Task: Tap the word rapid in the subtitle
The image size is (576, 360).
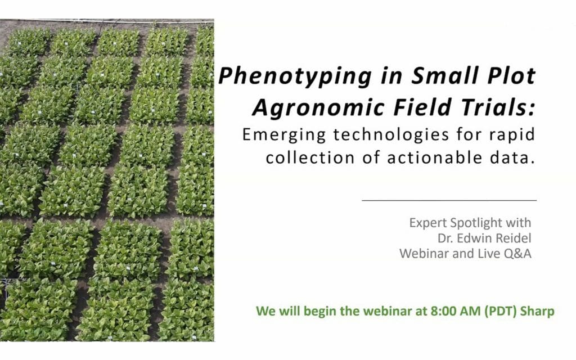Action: [x=509, y=135]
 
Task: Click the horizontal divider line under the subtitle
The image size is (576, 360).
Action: [x=448, y=200]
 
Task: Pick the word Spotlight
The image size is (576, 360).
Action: [x=501, y=223]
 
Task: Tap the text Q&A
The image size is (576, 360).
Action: [x=516, y=254]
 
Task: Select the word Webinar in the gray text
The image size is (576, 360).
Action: [x=422, y=254]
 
